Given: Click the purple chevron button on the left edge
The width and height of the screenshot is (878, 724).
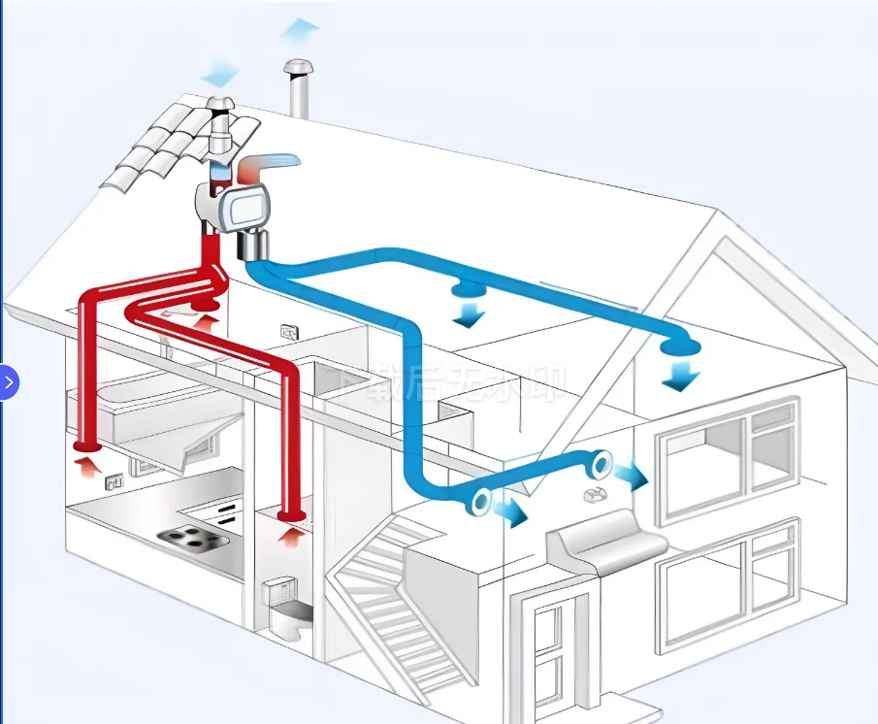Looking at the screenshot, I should click(x=9, y=382).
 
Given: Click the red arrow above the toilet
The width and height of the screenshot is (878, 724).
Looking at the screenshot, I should click(x=288, y=534).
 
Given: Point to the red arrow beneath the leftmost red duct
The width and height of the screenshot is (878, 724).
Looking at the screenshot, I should click(x=86, y=467).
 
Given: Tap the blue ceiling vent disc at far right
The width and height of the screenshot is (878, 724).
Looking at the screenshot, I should click(x=680, y=346).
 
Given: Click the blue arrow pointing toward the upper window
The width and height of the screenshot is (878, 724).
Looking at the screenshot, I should click(x=632, y=476).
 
